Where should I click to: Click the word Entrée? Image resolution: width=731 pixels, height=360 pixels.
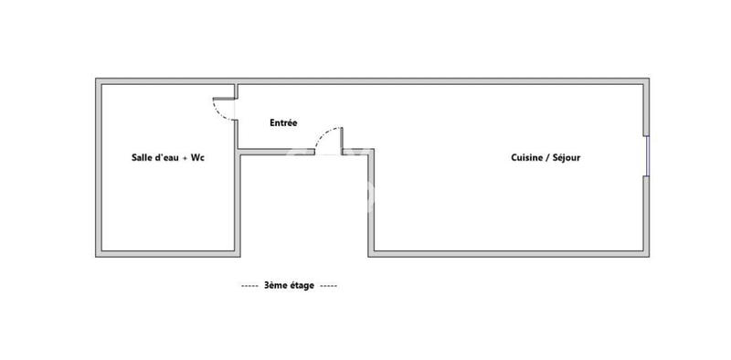(282, 122)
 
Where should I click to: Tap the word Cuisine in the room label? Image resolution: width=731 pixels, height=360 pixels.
(526, 157)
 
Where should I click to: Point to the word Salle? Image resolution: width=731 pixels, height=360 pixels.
(143, 157)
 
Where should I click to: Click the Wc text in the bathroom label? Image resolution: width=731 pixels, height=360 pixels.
(197, 157)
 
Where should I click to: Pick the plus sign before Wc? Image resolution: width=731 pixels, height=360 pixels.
(185, 157)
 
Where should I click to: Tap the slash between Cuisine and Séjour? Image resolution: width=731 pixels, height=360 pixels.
(546, 157)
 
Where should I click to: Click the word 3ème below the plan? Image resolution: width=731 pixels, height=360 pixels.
(275, 285)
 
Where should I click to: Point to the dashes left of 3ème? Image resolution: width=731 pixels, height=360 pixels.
(249, 285)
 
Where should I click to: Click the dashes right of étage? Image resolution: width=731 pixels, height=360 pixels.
(329, 285)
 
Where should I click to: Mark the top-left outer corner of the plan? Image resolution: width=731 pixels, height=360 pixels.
(96, 79)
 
